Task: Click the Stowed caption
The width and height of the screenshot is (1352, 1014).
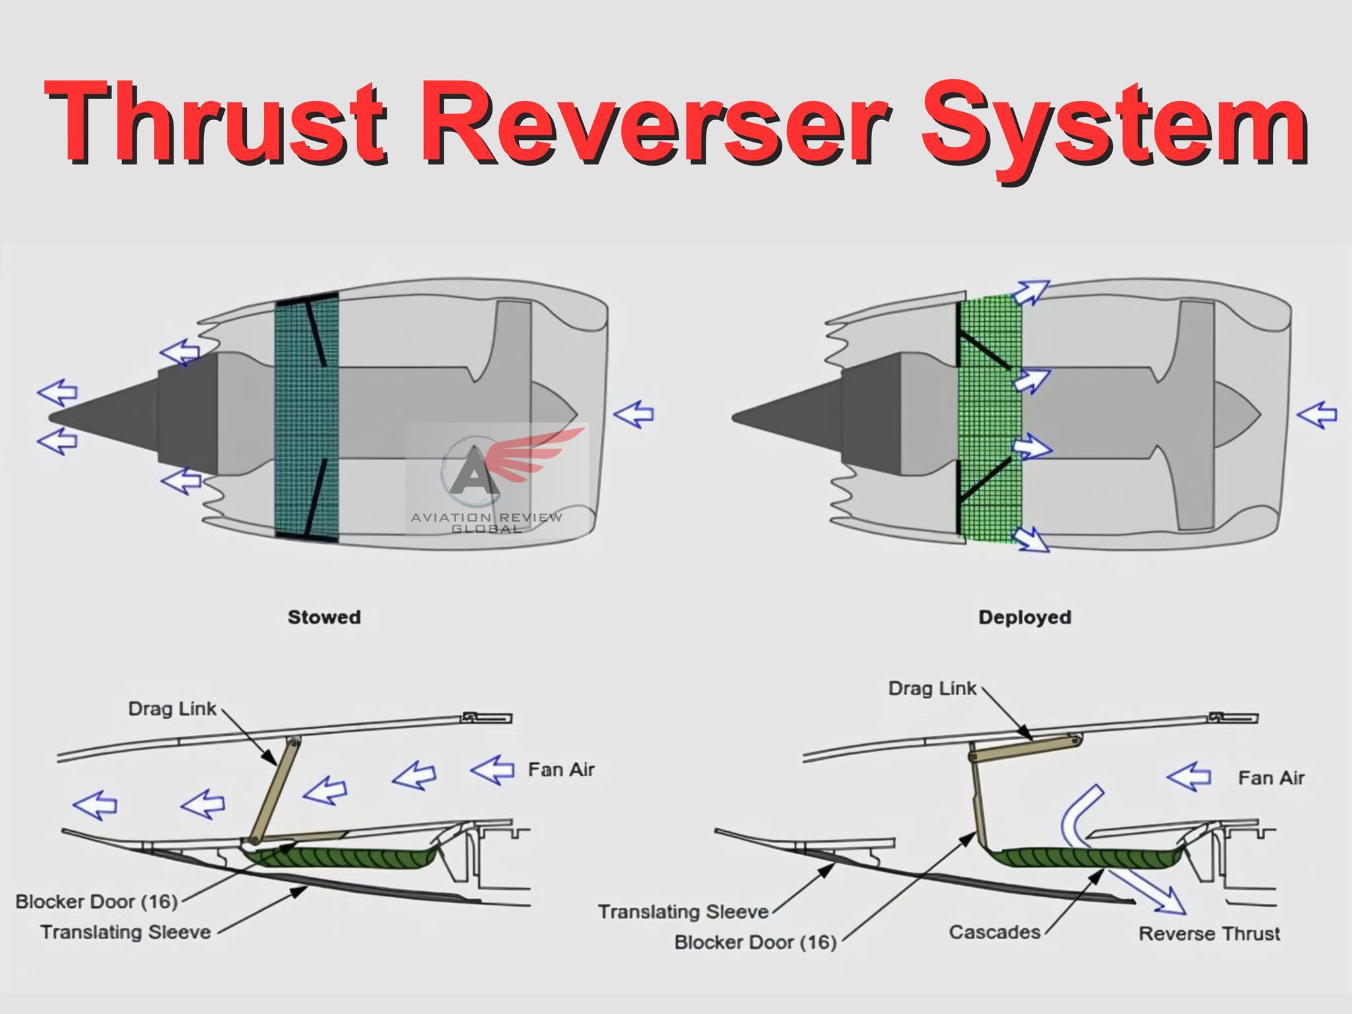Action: (324, 617)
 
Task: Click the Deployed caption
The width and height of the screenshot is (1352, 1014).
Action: (1025, 618)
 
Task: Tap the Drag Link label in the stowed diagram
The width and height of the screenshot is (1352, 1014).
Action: (172, 709)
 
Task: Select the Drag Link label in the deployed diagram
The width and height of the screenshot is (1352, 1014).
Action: (932, 689)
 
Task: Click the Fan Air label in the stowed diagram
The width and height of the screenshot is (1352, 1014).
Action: (561, 770)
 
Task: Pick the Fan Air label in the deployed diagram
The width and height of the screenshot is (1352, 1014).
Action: (1271, 778)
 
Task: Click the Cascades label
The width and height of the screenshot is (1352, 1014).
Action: (994, 931)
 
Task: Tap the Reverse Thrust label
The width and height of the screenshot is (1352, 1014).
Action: (1209, 933)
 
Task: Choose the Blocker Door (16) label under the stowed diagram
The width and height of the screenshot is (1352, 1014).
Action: (96, 902)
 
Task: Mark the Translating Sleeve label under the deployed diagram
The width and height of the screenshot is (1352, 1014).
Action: (683, 912)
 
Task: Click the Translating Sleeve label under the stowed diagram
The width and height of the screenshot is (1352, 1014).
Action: (125, 932)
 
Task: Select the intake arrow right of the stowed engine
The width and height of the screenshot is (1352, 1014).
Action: (634, 414)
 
